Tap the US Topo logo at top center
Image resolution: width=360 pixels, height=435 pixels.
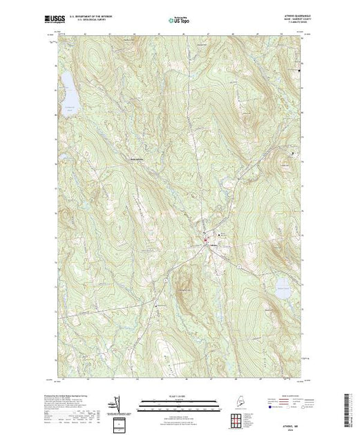point(180,21)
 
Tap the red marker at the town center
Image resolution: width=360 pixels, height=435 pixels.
point(205,240)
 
